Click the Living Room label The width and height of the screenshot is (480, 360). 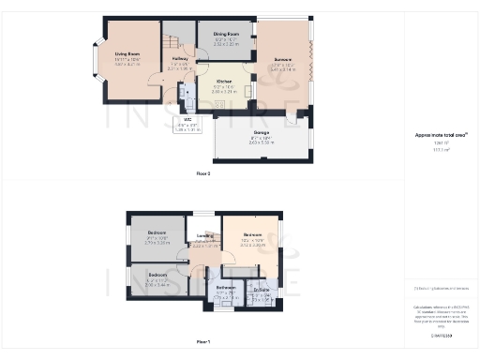click(127, 54)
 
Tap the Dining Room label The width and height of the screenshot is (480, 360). click(227, 33)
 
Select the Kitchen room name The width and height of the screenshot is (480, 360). click(221, 81)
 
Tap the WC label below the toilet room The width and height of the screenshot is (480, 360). click(188, 119)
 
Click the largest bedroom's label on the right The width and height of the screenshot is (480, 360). click(252, 234)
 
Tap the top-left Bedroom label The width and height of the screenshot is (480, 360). click(156, 232)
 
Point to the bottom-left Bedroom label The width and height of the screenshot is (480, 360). click(156, 275)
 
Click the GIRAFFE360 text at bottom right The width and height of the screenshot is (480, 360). click(441, 335)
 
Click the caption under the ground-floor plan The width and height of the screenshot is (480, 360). click(203, 174)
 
